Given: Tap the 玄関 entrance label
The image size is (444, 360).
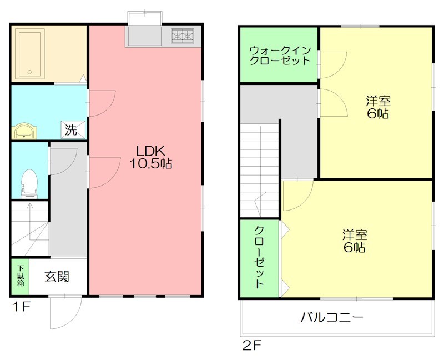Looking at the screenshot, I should pos(57,276).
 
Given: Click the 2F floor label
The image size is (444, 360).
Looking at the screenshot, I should pos(251,346).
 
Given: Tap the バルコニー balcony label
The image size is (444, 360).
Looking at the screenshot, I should pos(332,318).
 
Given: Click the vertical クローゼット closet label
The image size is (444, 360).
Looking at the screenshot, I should pos(259,257).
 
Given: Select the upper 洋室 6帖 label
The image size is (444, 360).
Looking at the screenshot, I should pos(377,107).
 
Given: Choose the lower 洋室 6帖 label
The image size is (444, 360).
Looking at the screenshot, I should pos(354,241).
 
